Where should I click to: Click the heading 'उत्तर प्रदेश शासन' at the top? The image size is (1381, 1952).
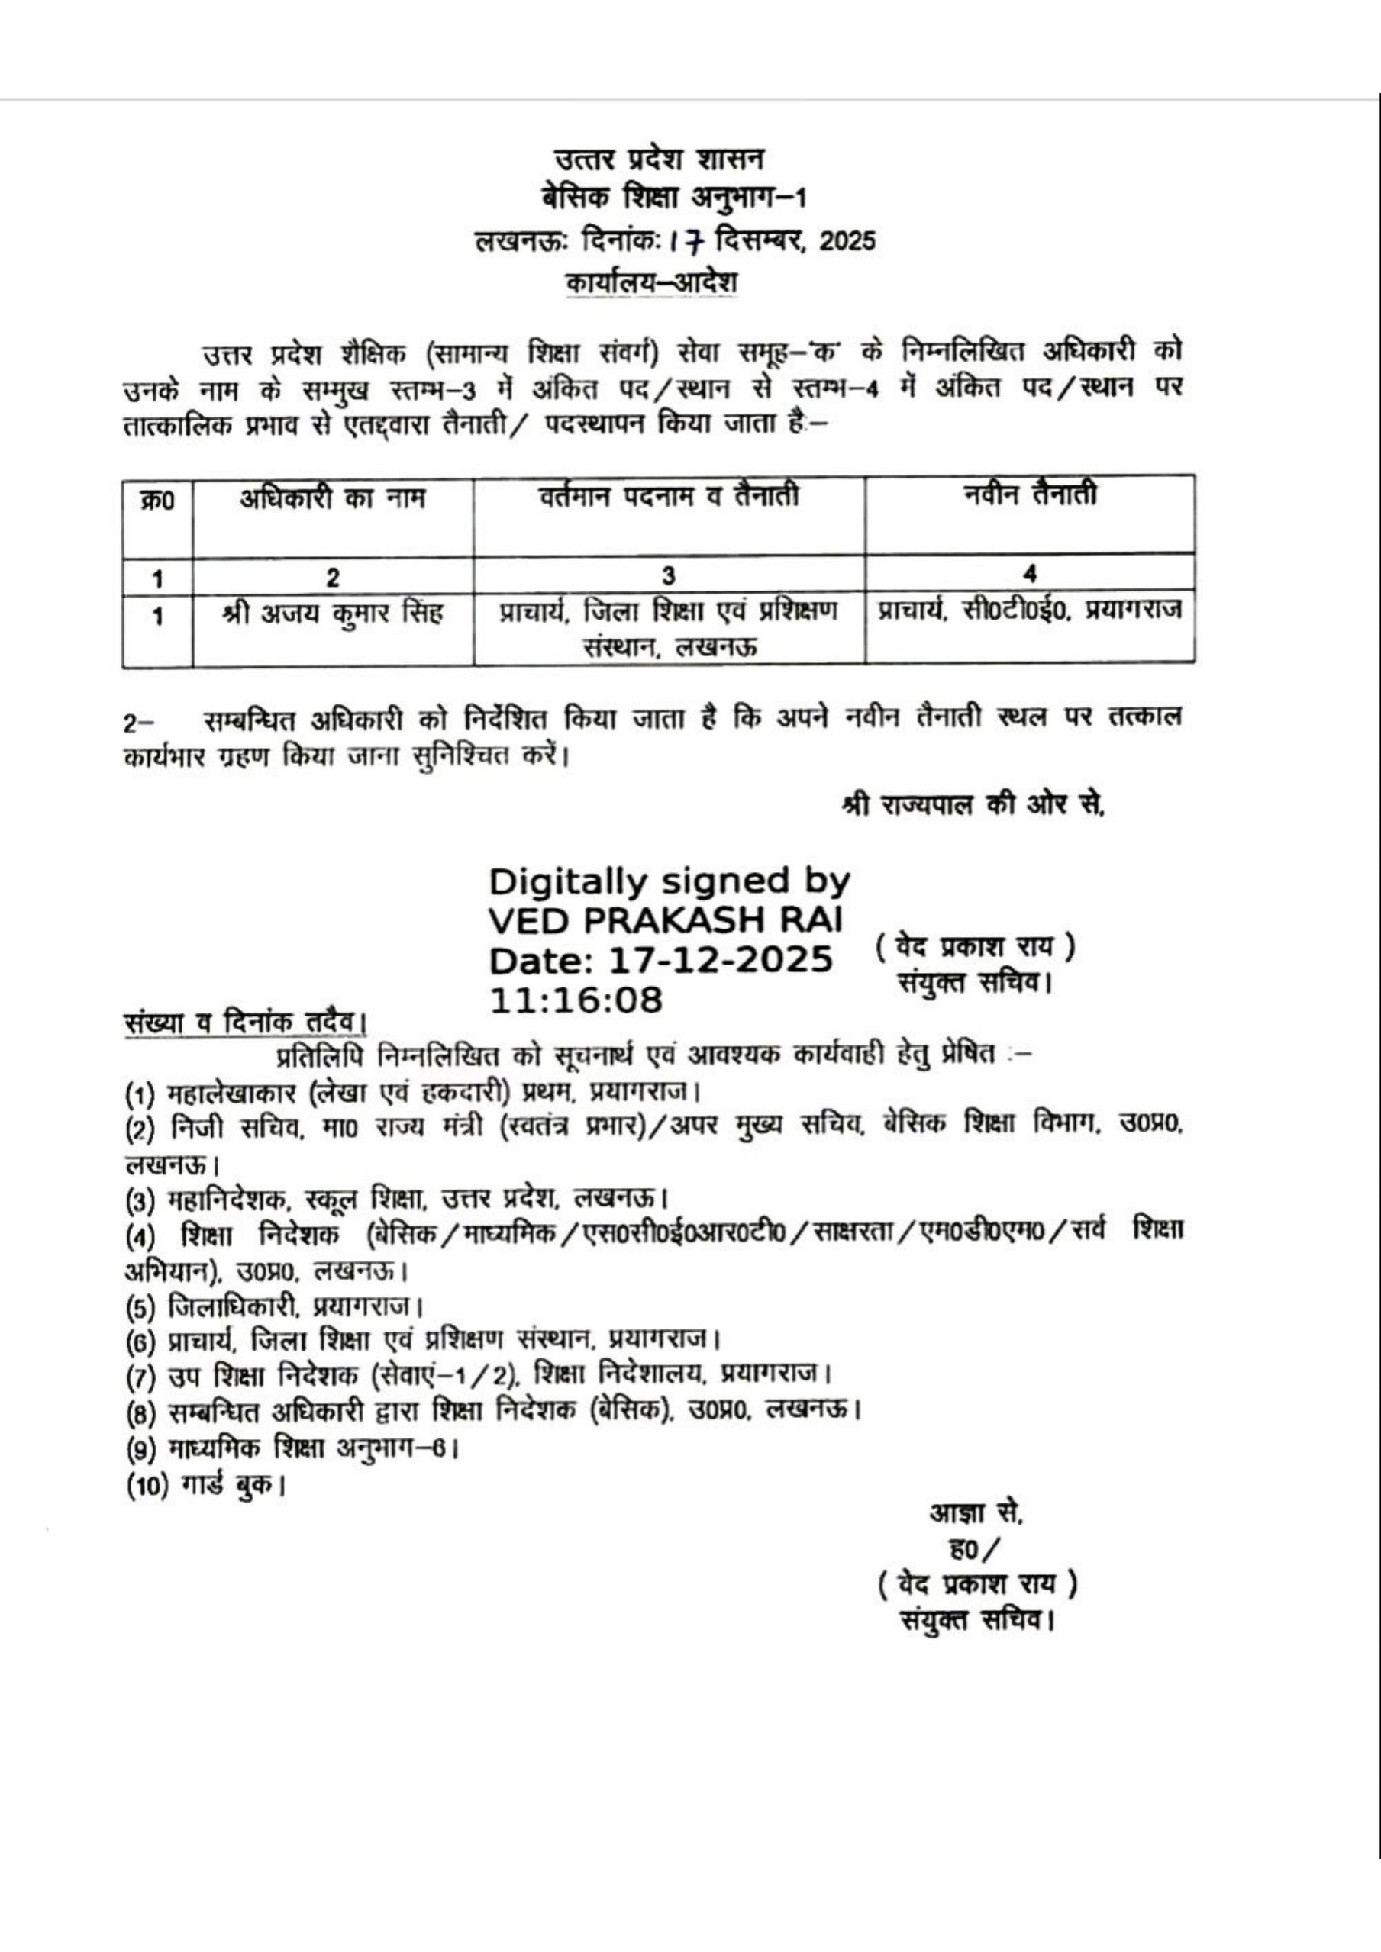659,159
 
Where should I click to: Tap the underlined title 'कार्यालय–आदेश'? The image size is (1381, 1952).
651,282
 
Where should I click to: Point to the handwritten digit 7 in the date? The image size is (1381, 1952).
695,243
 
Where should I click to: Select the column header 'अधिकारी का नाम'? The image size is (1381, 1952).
331,498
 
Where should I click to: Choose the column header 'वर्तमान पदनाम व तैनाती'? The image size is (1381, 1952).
669,496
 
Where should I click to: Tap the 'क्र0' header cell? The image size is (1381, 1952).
157,501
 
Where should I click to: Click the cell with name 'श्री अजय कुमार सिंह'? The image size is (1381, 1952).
331,614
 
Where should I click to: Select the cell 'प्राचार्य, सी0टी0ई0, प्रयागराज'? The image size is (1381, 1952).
1029,610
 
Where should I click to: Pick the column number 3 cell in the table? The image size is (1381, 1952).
669,576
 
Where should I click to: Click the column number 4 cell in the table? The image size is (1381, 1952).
1029,575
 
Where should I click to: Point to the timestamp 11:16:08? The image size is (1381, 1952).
576,1000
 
